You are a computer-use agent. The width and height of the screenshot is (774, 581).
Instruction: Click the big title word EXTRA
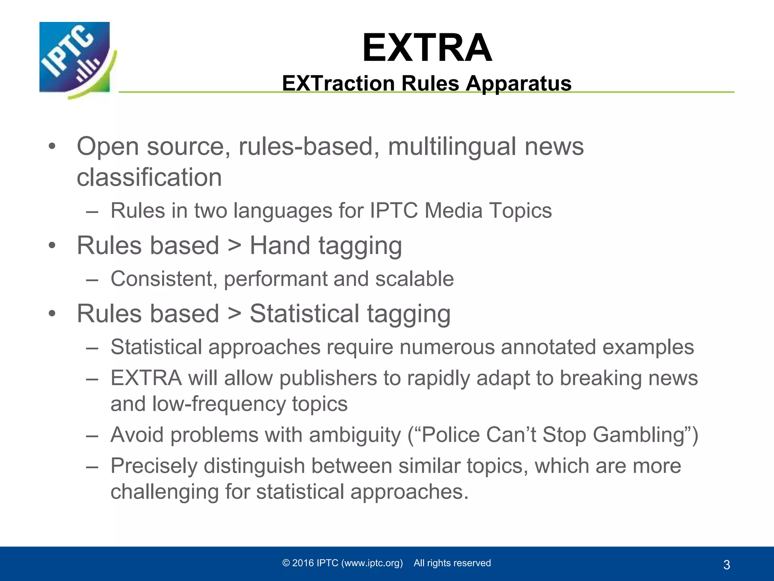427,48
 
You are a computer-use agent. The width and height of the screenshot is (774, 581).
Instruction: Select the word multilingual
452,146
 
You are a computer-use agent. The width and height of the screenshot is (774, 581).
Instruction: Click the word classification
149,177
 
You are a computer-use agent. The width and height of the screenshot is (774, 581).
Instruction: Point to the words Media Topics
488,210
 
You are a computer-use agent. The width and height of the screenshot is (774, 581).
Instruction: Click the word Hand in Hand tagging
280,245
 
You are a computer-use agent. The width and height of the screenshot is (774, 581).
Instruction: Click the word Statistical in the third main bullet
305,314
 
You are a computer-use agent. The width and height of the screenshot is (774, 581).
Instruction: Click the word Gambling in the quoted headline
639,435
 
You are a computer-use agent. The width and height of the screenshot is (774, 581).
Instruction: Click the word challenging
164,492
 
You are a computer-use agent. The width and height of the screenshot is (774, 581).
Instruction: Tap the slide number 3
726,565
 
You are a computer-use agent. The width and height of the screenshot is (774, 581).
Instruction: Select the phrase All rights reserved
452,563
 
